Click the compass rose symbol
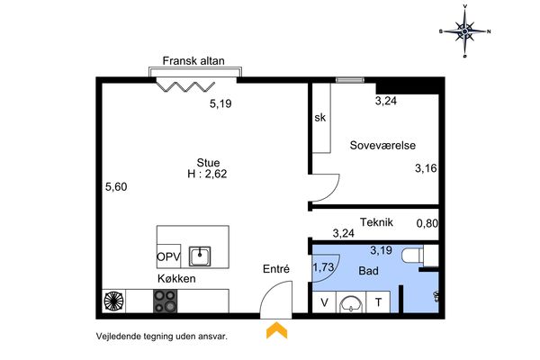tap(465, 31)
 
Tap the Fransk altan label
tap(193, 61)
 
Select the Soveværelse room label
tap(382, 145)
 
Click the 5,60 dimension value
tap(116, 186)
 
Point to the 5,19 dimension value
tap(220, 103)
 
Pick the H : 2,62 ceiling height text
tap(207, 174)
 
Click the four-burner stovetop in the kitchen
tap(166, 301)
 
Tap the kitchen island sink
tap(200, 256)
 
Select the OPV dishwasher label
tap(168, 257)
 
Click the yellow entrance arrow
tap(276, 330)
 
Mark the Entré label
tap(276, 269)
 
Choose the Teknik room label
tap(376, 222)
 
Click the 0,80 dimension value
tap(427, 223)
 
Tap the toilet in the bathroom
tap(412, 256)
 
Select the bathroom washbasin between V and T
tap(351, 303)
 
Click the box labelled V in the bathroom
tap(324, 302)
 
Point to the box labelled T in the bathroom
tap(378, 302)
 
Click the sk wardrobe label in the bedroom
tap(319, 118)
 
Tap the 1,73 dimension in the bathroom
tap(323, 267)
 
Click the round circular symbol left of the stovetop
tap(113, 301)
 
